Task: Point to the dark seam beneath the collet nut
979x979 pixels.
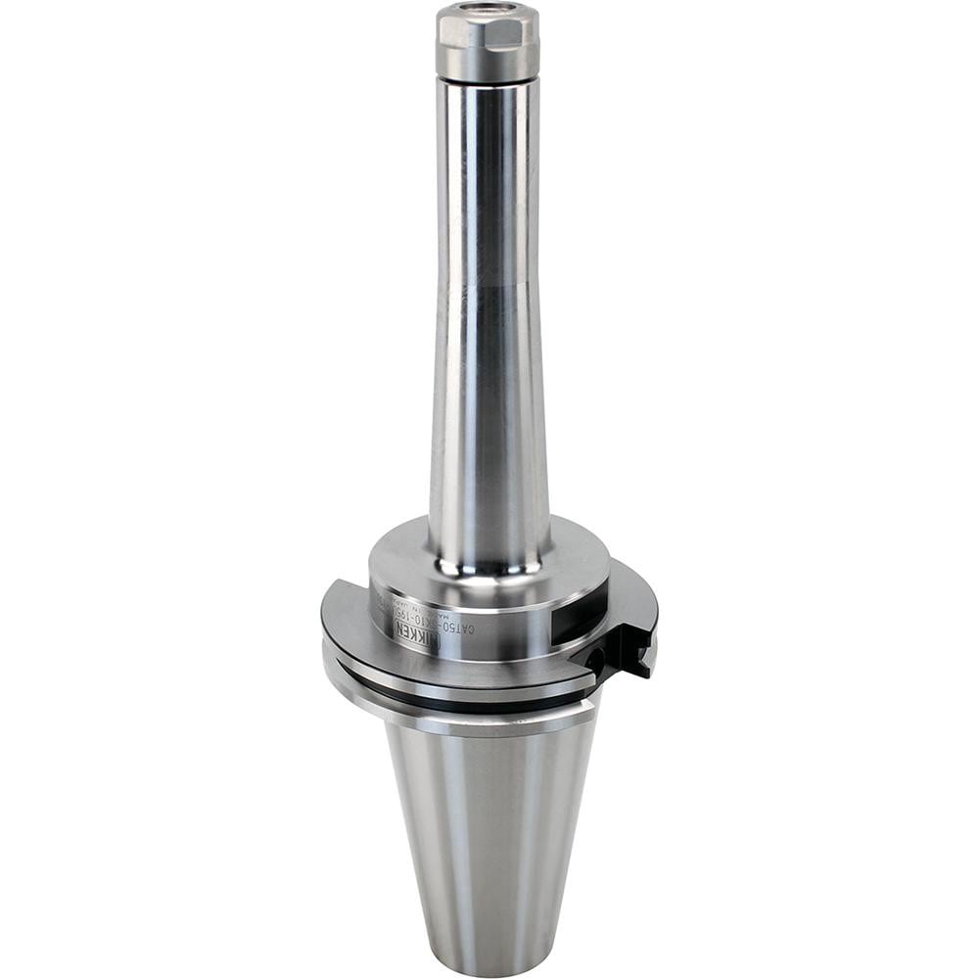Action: point(487,81)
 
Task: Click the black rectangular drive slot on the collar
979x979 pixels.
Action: point(578,622)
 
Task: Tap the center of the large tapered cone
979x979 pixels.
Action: point(487,832)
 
